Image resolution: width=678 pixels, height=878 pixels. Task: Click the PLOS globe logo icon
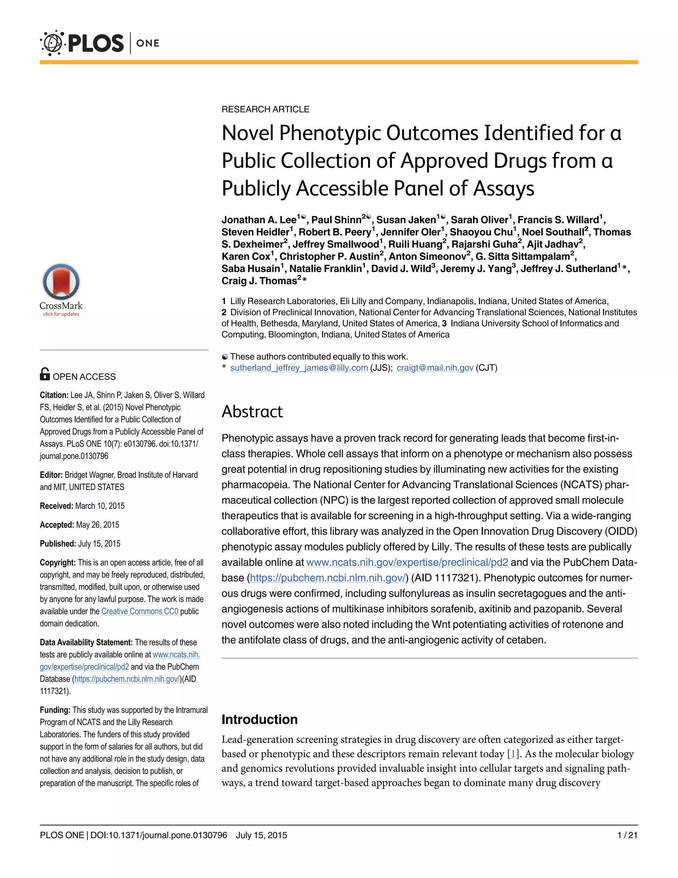tap(52, 43)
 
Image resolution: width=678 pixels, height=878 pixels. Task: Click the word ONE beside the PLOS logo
tap(148, 43)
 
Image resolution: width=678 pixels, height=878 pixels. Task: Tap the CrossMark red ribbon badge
tap(61, 282)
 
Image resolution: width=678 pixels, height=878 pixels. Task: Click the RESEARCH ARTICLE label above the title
tap(265, 109)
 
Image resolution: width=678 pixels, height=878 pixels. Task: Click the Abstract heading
tap(252, 412)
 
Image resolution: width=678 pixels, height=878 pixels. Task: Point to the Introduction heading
tap(260, 719)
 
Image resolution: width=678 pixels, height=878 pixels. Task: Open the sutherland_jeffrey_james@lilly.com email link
tap(299, 368)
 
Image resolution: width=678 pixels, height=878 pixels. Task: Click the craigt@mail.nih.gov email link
tap(435, 368)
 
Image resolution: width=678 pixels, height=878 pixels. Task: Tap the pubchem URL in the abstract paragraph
tap(327, 578)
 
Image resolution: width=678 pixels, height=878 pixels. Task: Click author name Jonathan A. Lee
tap(259, 220)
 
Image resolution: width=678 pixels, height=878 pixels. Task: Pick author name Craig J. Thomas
tap(259, 281)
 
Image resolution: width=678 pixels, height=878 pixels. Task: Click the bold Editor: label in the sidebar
tap(51, 475)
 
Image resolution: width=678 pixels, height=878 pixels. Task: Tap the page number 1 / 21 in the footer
tap(627, 835)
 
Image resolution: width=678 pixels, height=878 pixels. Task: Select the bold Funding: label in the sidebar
tap(55, 710)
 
